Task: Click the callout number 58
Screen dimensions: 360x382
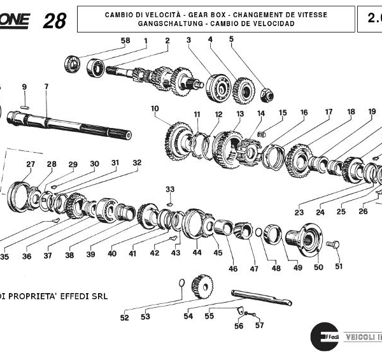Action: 125,41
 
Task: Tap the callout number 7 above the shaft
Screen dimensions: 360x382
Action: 46,86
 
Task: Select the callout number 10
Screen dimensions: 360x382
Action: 155,109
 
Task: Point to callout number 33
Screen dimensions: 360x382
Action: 169,189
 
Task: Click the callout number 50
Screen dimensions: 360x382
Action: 318,268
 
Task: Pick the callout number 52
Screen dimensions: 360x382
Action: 124,317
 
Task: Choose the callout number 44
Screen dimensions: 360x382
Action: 197,253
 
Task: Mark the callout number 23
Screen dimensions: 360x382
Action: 299,213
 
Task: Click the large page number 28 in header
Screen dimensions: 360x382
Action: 55,20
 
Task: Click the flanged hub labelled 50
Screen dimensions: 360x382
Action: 304,238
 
